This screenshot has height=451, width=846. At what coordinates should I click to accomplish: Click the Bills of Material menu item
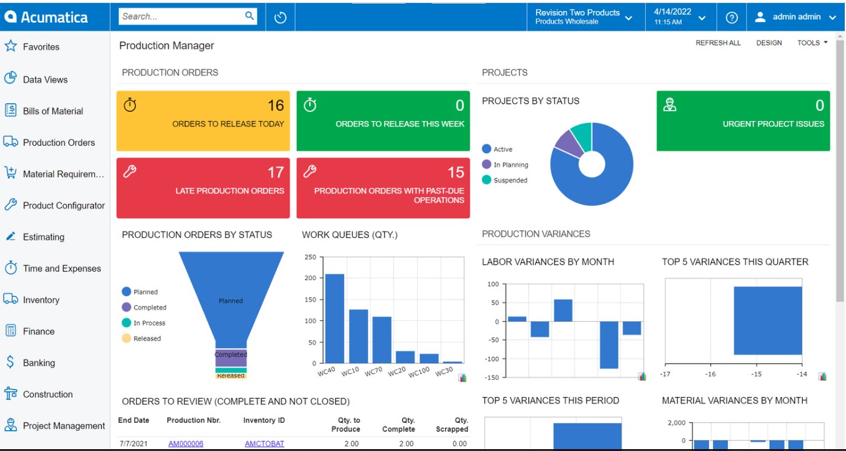pyautogui.click(x=52, y=111)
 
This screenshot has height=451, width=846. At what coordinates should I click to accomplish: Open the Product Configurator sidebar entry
pyautogui.click(x=63, y=205)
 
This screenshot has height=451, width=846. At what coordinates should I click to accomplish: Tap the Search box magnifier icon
pyautogui.click(x=250, y=16)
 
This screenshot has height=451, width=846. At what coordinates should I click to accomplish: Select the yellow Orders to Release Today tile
pyautogui.click(x=203, y=121)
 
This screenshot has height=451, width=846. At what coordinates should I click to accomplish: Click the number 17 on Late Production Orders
pyautogui.click(x=275, y=172)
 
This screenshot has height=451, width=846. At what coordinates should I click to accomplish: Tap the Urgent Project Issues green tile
pyautogui.click(x=743, y=121)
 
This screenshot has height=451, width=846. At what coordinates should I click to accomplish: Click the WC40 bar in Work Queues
pyautogui.click(x=334, y=318)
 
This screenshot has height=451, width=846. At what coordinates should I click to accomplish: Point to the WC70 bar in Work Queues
pyautogui.click(x=382, y=339)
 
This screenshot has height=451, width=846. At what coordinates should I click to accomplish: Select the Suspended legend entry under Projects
pyautogui.click(x=510, y=181)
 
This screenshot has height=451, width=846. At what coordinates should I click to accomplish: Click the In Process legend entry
pyautogui.click(x=149, y=323)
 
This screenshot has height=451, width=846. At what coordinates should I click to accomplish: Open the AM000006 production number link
pyautogui.click(x=186, y=444)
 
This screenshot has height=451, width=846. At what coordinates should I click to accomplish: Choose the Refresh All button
pyautogui.click(x=718, y=43)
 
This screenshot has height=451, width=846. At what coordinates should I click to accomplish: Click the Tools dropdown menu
pyautogui.click(x=812, y=43)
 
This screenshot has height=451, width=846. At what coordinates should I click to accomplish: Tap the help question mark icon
pyautogui.click(x=732, y=17)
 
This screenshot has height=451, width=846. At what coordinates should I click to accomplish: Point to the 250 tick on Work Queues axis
pyautogui.click(x=310, y=257)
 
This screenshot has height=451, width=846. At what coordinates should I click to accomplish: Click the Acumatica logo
pyautogui.click(x=46, y=17)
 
